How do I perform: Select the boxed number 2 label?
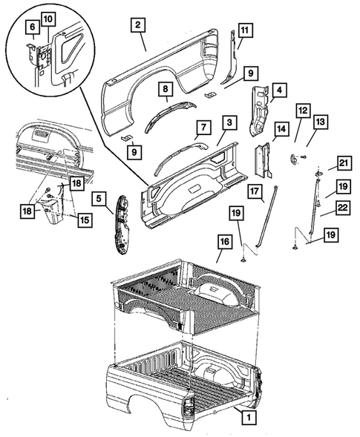(x=137, y=25)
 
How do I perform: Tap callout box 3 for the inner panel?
(x=232, y=122)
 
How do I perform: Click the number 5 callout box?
(x=98, y=199)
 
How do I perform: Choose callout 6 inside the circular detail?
(x=33, y=27)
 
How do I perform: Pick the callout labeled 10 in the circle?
(x=48, y=18)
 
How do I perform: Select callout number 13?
(x=321, y=122)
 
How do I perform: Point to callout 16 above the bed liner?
(x=223, y=241)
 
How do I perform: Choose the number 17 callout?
(x=255, y=191)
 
